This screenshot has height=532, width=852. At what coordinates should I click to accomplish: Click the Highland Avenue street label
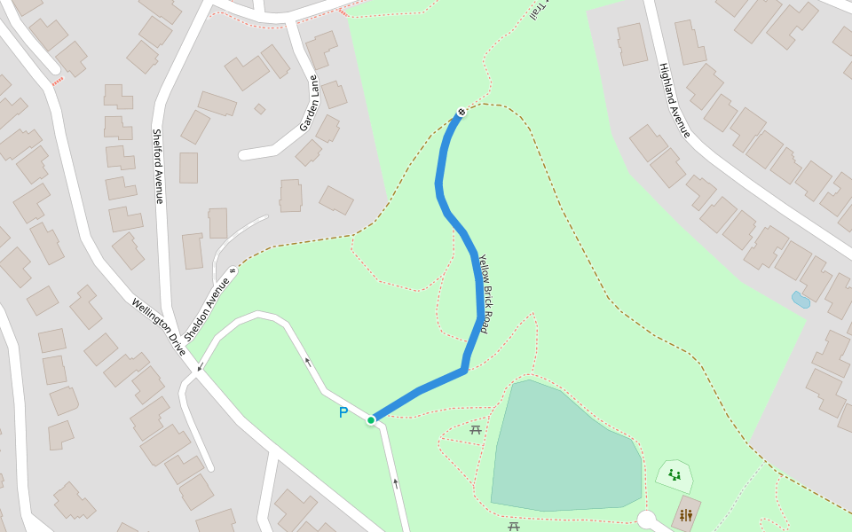(674, 100)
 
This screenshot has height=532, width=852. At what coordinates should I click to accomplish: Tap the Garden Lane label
(309, 103)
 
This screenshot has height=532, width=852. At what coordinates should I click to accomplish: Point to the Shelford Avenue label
(158, 166)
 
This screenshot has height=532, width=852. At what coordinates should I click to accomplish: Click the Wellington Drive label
(159, 326)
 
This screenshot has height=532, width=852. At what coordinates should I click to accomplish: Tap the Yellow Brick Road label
(485, 293)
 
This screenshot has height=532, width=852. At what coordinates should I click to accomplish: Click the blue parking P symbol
(343, 412)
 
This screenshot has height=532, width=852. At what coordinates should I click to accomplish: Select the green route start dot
(371, 420)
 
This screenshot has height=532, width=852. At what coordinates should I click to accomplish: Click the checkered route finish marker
(461, 112)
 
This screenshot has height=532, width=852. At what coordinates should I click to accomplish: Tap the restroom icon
(685, 515)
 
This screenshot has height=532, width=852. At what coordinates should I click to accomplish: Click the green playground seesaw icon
(674, 475)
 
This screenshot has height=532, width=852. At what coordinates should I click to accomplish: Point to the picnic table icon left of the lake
(476, 430)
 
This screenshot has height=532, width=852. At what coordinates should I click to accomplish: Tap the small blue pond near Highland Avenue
(801, 300)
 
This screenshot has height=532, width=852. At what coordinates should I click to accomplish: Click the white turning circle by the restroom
(646, 520)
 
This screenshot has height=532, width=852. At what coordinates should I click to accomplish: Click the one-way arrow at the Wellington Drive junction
(200, 366)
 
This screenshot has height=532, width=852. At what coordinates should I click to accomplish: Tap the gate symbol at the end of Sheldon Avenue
(233, 271)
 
